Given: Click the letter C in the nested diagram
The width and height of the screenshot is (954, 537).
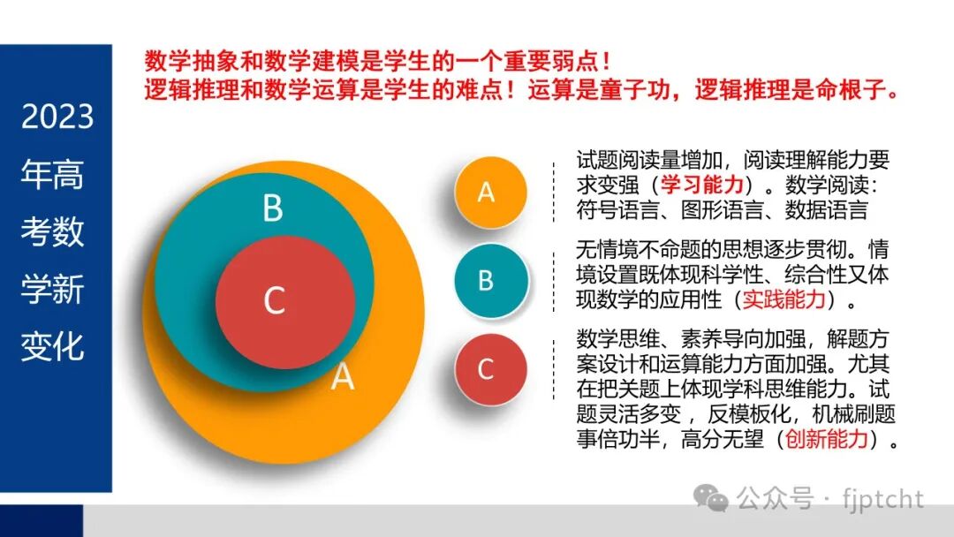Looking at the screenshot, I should click(275, 302).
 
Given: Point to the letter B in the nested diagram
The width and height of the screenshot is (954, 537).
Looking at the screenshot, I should click(273, 209).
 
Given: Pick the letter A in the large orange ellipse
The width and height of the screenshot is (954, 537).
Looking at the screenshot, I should click(343, 377).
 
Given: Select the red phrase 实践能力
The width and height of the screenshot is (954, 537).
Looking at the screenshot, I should click(784, 299).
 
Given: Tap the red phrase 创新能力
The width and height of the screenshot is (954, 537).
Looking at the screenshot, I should click(826, 439).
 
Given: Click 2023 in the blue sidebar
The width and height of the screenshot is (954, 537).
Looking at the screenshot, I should click(57, 117).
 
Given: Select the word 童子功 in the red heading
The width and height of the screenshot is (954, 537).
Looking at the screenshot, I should click(627, 91).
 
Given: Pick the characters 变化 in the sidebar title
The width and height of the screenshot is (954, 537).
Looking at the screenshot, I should click(53, 346).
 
